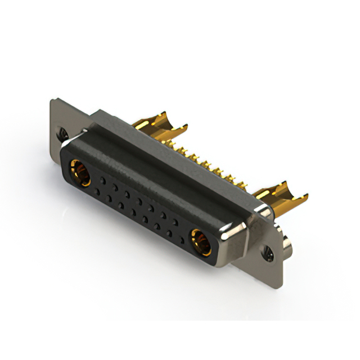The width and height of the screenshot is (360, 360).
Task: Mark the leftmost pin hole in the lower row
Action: click(x=97, y=192)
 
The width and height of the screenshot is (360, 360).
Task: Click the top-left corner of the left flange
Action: click(x=52, y=100)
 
